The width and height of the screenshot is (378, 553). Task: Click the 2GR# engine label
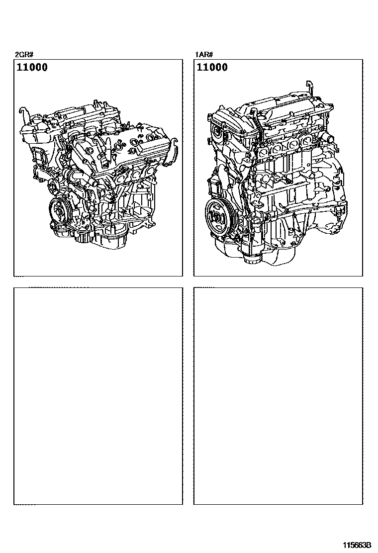tap(24, 54)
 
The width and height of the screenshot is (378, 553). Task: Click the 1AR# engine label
tap(204, 54)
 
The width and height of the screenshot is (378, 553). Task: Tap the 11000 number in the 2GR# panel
tap(32, 67)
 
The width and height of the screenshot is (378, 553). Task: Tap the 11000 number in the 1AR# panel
tap(212, 67)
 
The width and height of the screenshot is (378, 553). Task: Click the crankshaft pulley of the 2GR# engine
tap(59, 212)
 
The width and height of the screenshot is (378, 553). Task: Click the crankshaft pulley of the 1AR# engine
tap(216, 215)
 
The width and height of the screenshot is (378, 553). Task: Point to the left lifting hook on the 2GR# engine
tap(22, 113)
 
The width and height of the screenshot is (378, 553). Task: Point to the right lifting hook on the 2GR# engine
tap(175, 144)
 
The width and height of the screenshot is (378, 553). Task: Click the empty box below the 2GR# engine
tap(98, 396)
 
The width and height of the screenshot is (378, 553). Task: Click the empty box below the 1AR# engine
tap(278, 396)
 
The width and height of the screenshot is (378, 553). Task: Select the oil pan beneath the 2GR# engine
tap(106, 240)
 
